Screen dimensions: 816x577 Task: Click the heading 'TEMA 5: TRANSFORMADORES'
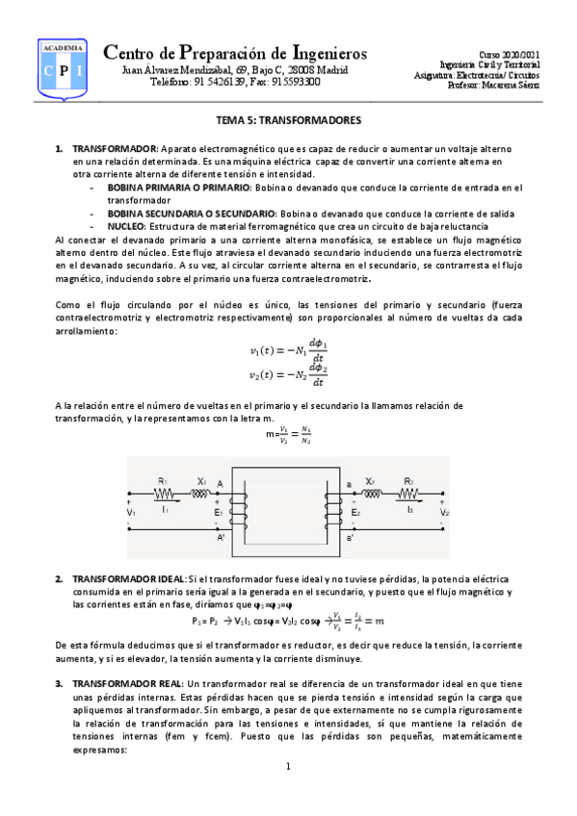click(x=287, y=122)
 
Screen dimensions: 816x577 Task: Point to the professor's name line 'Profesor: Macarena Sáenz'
click(x=493, y=85)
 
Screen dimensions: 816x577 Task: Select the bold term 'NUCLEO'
click(x=125, y=225)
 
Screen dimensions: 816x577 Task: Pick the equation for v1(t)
click(x=288, y=348)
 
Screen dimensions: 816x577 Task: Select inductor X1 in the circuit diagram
click(x=200, y=494)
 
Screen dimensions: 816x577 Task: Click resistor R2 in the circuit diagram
click(x=408, y=494)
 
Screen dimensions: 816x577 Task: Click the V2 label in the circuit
click(x=444, y=513)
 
